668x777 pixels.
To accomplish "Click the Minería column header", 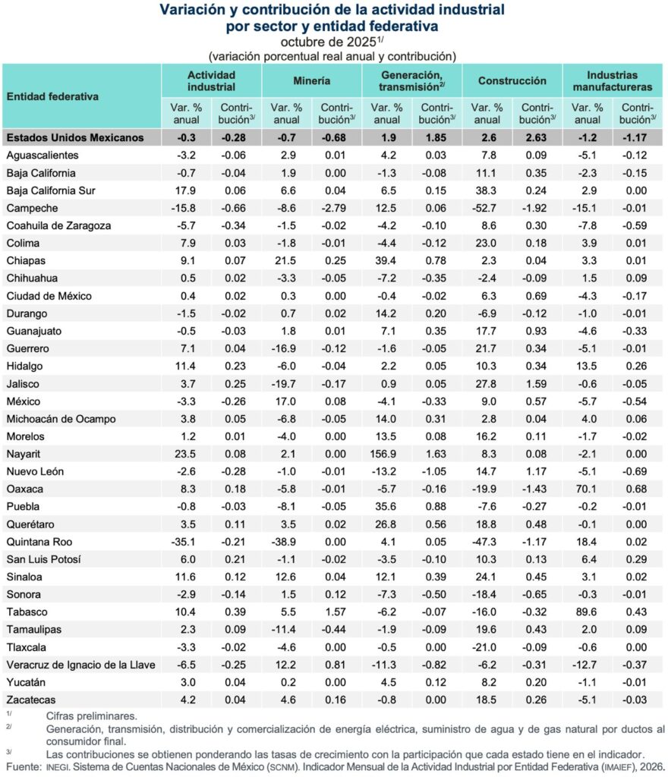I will [312, 80].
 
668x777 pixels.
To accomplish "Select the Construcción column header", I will [512, 80].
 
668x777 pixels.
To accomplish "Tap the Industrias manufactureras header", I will [613, 80].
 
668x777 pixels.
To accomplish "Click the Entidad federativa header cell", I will [53, 96].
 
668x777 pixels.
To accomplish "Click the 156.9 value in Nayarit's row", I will [387, 454].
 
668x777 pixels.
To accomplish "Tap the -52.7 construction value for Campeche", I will [487, 208].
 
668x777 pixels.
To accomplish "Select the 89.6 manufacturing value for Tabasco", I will [588, 612].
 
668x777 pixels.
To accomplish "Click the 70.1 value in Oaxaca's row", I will [588, 489].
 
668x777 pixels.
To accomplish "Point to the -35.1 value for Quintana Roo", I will [186, 542].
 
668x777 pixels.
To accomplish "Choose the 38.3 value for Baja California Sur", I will [487, 190].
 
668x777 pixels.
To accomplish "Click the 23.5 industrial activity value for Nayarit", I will [186, 454].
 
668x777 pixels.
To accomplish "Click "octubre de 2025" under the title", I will [323, 42].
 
